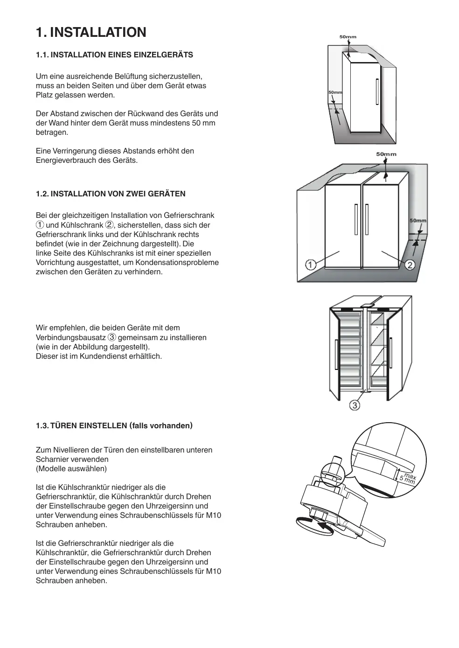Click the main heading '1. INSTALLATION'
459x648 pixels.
pyautogui.click(x=91, y=32)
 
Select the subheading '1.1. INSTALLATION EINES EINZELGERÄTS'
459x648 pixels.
pyautogui.click(x=114, y=55)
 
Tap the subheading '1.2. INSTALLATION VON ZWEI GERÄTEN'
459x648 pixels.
pyautogui.click(x=111, y=194)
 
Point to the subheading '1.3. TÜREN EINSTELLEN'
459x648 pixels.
pyautogui.click(x=114, y=425)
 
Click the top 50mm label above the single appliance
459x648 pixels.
pyautogui.click(x=348, y=36)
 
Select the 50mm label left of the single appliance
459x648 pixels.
pyautogui.click(x=335, y=92)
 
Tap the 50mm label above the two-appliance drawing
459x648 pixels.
pyautogui.click(x=386, y=154)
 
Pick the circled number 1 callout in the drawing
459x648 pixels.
pyautogui.click(x=311, y=265)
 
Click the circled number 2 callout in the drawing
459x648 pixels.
pyautogui.click(x=410, y=265)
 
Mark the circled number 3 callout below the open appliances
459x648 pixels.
pyautogui.click(x=355, y=405)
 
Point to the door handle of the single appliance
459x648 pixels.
pyautogui.click(x=376, y=92)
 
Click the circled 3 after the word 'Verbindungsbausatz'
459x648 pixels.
pyautogui.click(x=112, y=337)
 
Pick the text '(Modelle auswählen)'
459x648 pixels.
pyautogui.click(x=71, y=468)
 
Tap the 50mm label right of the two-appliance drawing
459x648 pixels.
pyautogui.click(x=417, y=220)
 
